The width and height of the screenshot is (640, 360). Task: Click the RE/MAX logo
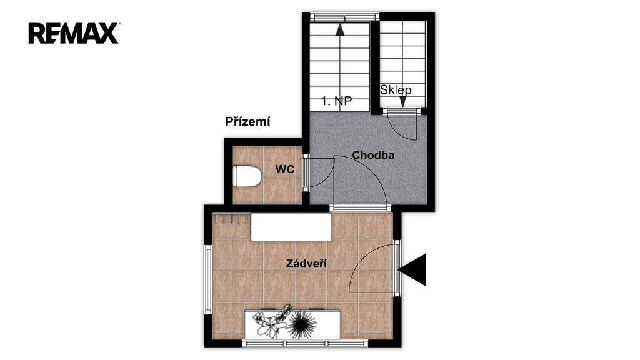click(74, 34)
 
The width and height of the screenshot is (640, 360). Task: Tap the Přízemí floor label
click(247, 122)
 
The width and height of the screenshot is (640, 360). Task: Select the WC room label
click(284, 169)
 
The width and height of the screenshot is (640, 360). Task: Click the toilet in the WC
click(247, 176)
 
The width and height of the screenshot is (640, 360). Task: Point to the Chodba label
click(373, 155)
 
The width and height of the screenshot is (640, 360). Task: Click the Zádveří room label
click(306, 264)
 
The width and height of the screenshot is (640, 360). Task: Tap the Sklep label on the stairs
click(396, 90)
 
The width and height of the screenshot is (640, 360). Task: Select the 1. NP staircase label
click(336, 101)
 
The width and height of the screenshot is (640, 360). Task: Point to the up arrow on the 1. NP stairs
click(340, 30)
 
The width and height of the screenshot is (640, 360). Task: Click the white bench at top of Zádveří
click(291, 227)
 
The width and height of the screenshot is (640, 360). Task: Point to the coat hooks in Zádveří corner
click(231, 219)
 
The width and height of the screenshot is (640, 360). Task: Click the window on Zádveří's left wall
click(208, 279)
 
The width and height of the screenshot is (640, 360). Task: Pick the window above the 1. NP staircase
click(345, 17)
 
